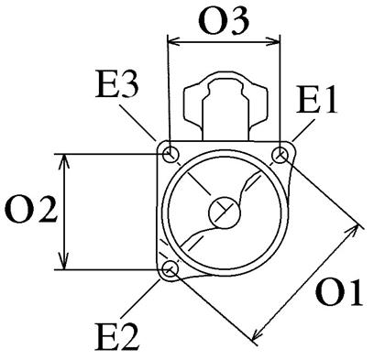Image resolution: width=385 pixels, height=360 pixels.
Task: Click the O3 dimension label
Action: [224, 20]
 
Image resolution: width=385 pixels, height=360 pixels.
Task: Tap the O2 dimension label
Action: [31, 210]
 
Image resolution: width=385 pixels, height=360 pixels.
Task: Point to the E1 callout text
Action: [316, 100]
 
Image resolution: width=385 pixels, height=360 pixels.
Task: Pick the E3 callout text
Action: [116, 84]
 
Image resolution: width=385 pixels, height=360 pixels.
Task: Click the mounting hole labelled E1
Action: [280, 155]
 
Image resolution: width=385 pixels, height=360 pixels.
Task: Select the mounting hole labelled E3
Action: [170, 155]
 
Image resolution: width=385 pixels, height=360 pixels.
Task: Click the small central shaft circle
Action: [225, 213]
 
